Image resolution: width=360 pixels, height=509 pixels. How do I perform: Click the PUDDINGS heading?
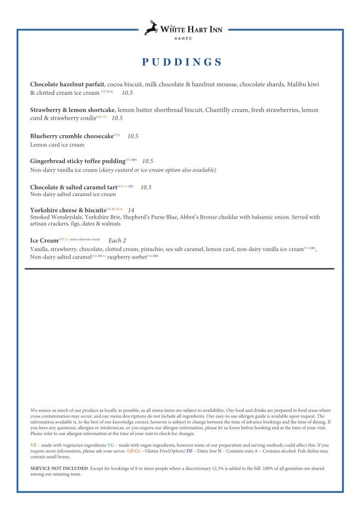point(182,62)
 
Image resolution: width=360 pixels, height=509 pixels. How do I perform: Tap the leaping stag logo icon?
point(152,28)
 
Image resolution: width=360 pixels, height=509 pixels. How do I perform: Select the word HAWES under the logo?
point(183,39)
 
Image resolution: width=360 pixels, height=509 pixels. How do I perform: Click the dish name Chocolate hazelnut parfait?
point(67,84)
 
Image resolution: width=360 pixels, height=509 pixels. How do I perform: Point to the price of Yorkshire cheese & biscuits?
point(131,210)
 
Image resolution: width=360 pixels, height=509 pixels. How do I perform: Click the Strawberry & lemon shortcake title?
point(73,110)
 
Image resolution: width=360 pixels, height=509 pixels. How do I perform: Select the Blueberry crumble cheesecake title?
point(72,136)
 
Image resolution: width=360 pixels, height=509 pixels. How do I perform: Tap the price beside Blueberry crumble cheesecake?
point(133,136)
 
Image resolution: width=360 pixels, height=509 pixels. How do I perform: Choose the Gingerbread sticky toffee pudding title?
point(78,161)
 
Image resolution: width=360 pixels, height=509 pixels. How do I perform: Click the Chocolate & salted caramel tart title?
point(74,187)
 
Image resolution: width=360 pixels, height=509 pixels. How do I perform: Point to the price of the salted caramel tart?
point(146,187)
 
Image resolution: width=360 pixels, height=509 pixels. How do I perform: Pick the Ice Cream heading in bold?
point(44,240)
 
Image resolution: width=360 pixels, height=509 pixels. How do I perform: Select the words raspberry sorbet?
point(127,257)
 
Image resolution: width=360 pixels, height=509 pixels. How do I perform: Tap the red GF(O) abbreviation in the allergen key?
point(133,451)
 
